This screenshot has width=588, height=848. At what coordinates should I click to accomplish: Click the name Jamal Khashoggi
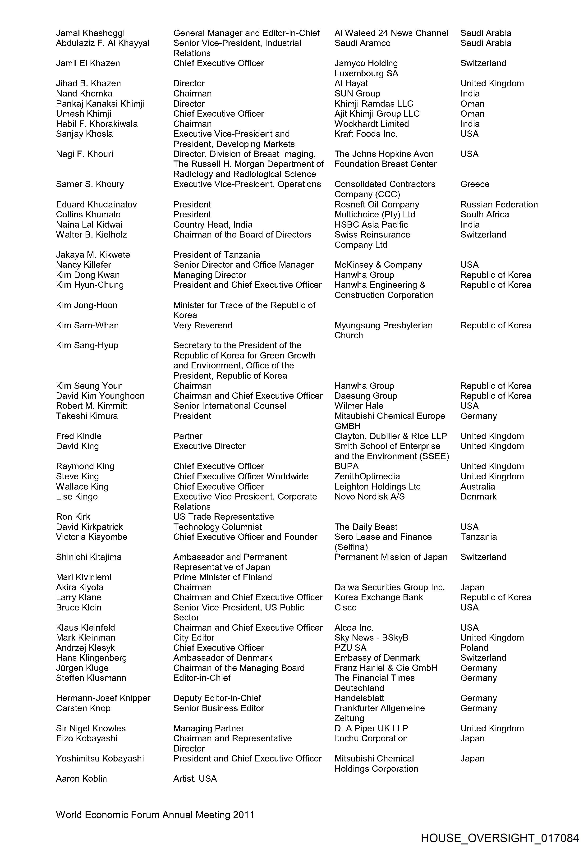pos(90,33)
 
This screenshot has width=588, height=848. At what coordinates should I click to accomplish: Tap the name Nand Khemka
pos(84,94)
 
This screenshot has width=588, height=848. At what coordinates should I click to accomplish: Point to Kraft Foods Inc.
pos(366,134)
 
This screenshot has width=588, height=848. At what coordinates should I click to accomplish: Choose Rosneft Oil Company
pos(377,204)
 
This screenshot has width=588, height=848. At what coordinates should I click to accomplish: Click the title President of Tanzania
pos(217,255)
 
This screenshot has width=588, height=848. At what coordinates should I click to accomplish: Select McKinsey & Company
pos(378,265)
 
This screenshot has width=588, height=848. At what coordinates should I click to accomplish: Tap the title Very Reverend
pos(203,325)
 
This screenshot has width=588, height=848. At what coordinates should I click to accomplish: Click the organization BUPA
pos(346,466)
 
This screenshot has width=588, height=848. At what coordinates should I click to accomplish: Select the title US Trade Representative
pos(224,517)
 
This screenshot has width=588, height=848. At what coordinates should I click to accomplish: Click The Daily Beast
pos(366,527)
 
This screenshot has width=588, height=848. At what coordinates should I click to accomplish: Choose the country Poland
pos(474,648)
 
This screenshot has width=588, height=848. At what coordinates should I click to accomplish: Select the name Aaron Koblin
pos(81,778)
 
